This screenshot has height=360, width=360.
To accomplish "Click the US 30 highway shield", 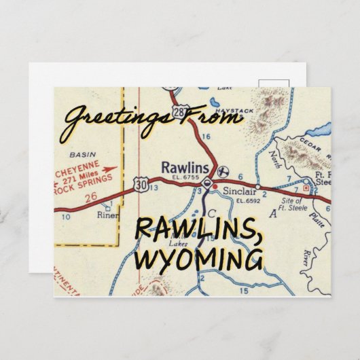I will (x=141, y=183).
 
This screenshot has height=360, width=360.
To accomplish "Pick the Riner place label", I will (x=106, y=218).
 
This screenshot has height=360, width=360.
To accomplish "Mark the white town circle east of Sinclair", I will (x=258, y=186).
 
